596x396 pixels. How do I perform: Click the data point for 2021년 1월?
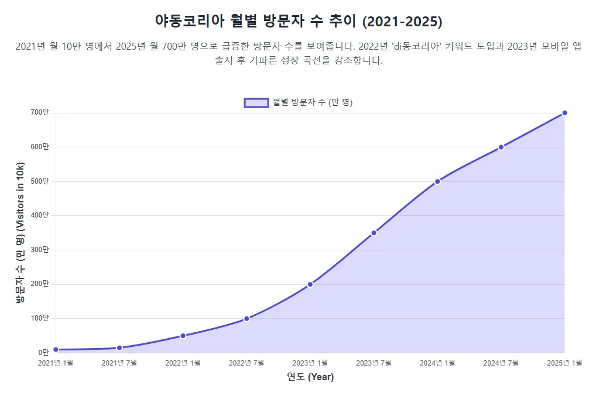tap(56, 349)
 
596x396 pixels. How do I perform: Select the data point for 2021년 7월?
tap(119, 347)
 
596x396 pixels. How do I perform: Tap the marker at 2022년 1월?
tap(183, 336)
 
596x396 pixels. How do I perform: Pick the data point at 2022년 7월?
tap(246, 319)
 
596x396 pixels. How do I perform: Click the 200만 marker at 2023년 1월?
tap(310, 284)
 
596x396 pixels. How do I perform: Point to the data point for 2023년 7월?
tap(374, 233)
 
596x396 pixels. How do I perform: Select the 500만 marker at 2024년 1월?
tap(437, 181)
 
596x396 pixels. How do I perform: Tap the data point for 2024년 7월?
tap(501, 147)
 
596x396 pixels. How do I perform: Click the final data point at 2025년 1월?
tap(564, 113)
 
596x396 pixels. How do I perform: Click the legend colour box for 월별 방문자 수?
tap(256, 102)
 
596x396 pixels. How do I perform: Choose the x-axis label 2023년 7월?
tap(374, 363)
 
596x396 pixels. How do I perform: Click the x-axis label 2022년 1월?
tap(183, 363)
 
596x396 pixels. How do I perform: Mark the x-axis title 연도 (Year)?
tap(310, 377)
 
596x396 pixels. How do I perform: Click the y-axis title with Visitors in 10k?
tap(20, 233)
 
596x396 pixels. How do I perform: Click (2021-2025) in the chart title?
tap(402, 22)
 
